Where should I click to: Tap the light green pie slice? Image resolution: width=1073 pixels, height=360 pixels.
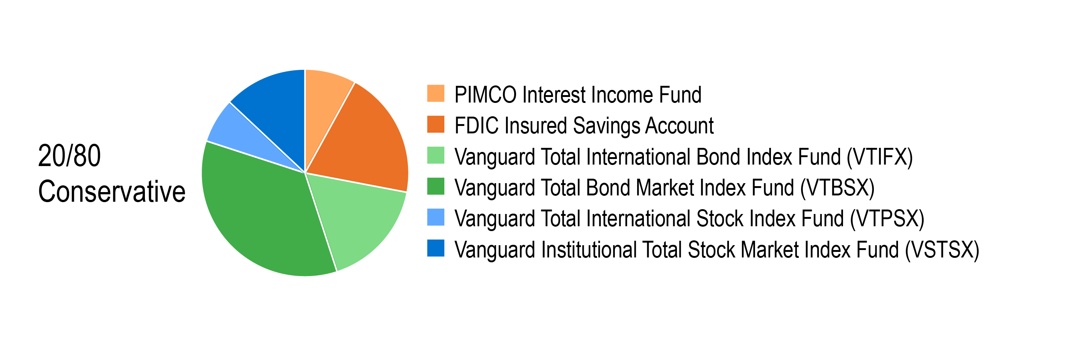pyautogui.click(x=354, y=217)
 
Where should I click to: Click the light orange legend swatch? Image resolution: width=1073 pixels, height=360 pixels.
pyautogui.click(x=436, y=93)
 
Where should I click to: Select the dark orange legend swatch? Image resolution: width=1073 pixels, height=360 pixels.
pyautogui.click(x=436, y=124)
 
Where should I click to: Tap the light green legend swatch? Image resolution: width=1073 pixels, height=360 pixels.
pyautogui.click(x=436, y=155)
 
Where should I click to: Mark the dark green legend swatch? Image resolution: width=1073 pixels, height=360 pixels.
pyautogui.click(x=436, y=186)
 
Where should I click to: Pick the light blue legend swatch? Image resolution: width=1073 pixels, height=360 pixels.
pyautogui.click(x=436, y=217)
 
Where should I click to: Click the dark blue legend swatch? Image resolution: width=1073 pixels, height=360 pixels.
pyautogui.click(x=436, y=248)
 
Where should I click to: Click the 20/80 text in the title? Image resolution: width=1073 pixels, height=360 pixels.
pyautogui.click(x=69, y=156)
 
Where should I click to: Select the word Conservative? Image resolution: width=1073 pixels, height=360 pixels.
pyautogui.click(x=111, y=192)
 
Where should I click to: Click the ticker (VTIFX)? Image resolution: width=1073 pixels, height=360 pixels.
pyautogui.click(x=880, y=158)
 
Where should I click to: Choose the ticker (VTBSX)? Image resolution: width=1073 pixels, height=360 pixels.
pyautogui.click(x=837, y=188)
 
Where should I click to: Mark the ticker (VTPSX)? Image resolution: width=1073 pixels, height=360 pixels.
pyautogui.click(x=887, y=219)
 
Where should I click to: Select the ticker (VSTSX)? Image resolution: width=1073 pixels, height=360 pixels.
pyautogui.click(x=942, y=250)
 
